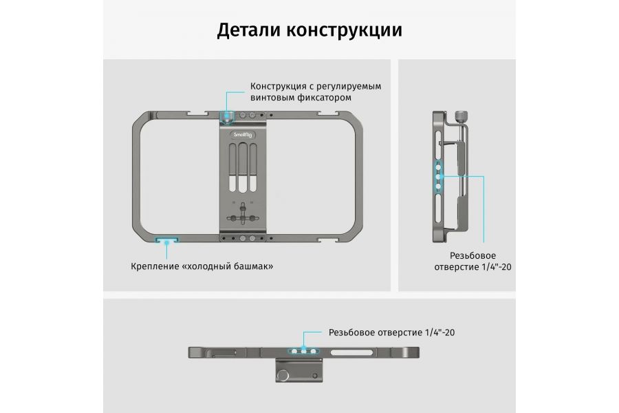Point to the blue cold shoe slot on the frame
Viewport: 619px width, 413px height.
[x=166, y=240]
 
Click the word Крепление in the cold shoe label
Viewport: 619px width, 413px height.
[x=157, y=266]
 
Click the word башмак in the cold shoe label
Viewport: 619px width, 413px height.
[x=248, y=266]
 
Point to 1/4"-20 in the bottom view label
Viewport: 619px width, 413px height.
[x=440, y=332]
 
